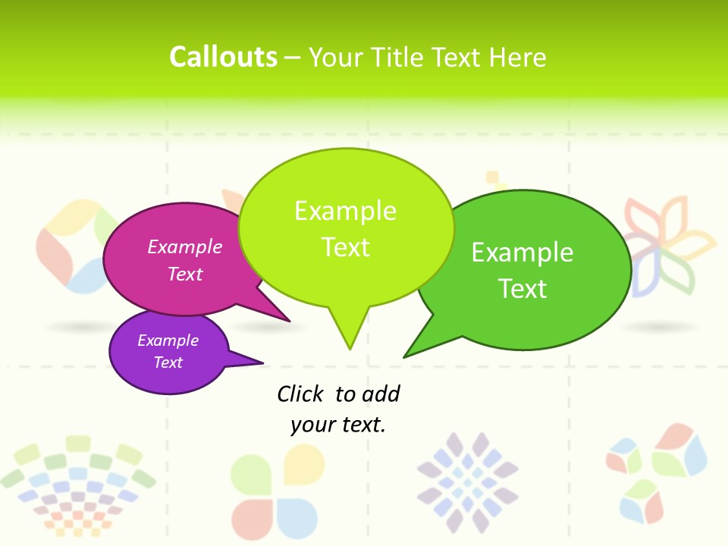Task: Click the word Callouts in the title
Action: [223, 57]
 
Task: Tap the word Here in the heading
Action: [519, 57]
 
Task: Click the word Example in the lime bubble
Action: [345, 211]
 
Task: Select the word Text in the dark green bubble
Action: [522, 289]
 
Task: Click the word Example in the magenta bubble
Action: [185, 246]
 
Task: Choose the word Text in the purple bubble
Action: [168, 362]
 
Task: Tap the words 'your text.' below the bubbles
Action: [338, 425]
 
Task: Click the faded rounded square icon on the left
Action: [72, 246]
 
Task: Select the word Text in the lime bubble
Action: [345, 247]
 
